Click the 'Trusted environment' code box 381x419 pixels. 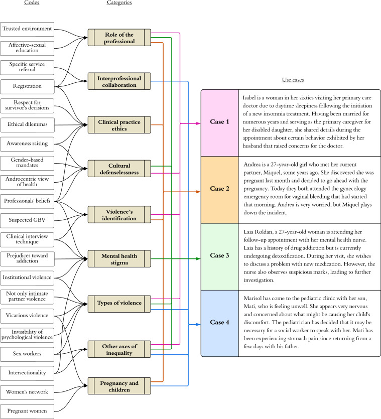click(x=27, y=29)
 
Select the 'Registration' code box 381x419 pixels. click(x=27, y=87)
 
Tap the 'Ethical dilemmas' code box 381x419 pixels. click(x=27, y=125)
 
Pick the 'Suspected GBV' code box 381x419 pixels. click(x=27, y=220)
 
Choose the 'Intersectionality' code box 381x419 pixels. click(x=27, y=373)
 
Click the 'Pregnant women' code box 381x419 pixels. click(x=27, y=411)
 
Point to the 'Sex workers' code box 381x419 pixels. click(x=27, y=354)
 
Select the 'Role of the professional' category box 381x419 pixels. click(x=119, y=38)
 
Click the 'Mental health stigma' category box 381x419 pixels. click(x=119, y=259)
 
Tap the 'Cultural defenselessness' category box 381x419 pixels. click(x=119, y=169)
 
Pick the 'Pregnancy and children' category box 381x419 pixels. click(x=119, y=386)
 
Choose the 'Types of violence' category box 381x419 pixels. click(x=119, y=304)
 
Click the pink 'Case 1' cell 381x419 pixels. click(x=220, y=123)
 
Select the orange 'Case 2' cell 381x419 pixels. click(x=220, y=190)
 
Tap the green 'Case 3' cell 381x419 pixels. click(x=220, y=256)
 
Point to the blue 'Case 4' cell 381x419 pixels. click(x=220, y=323)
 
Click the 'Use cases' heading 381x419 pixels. click(x=293, y=80)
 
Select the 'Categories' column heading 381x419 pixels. click(x=119, y=3)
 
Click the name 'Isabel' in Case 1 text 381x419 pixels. click(x=249, y=97)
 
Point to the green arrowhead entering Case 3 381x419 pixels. click(x=198, y=258)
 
